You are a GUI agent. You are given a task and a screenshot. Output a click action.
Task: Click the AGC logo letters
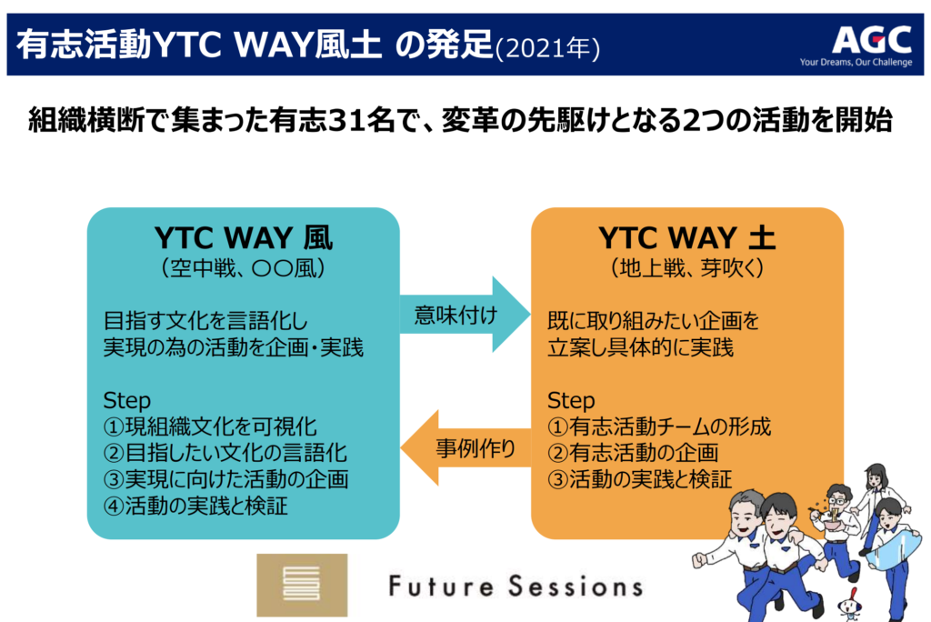(871, 39)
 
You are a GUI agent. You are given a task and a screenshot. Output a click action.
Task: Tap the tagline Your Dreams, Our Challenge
(856, 63)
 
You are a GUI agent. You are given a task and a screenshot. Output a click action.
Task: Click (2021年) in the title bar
(546, 48)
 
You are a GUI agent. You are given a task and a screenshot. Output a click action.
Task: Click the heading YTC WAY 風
(244, 237)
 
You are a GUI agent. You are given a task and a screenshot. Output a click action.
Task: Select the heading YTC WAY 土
(687, 237)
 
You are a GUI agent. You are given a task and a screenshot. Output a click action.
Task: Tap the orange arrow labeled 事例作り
(466, 448)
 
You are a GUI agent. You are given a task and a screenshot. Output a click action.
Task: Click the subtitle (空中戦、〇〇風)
(244, 268)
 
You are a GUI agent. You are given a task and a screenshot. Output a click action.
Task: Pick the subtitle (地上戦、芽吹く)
(687, 268)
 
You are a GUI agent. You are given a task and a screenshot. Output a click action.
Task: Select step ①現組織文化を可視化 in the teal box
(210, 426)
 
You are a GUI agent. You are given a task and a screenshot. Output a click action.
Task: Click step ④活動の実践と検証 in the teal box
(195, 506)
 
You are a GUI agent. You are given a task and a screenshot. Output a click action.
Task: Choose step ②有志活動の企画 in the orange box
(633, 453)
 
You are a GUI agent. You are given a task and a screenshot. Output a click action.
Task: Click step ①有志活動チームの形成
(659, 426)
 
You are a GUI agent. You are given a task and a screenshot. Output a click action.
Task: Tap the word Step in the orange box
(571, 400)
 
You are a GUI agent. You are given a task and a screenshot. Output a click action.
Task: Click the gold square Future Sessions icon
(302, 585)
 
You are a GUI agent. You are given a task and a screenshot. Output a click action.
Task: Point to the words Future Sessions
(516, 586)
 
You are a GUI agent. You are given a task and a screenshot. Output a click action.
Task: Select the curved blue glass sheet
(896, 549)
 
